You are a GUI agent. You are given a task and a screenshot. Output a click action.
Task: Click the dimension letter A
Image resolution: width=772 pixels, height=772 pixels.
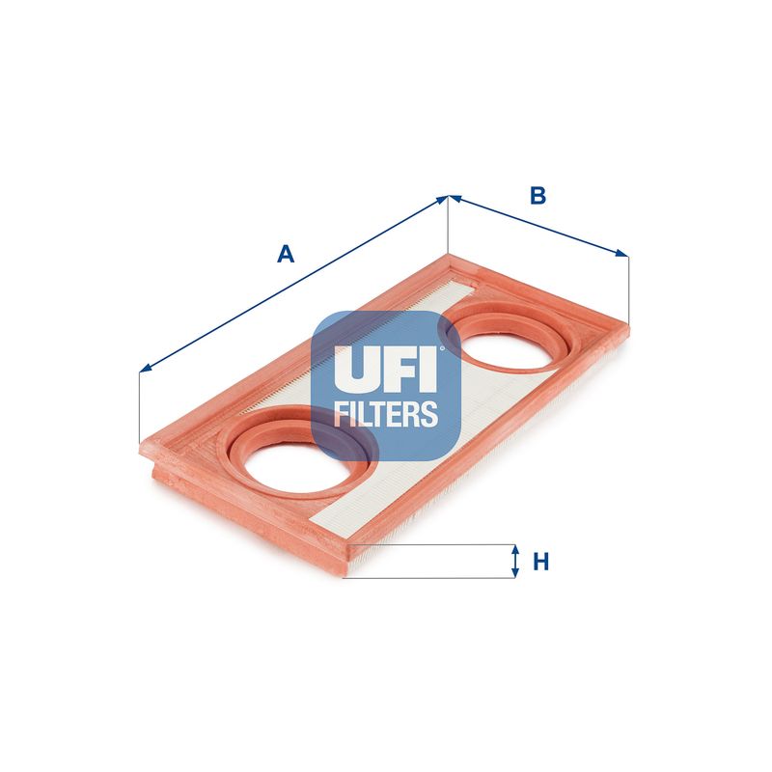pyautogui.click(x=286, y=254)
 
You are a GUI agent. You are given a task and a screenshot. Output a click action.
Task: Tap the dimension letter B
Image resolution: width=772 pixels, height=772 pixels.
pyautogui.click(x=538, y=196)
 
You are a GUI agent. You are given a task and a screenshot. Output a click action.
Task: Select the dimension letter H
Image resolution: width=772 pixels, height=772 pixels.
pyautogui.click(x=541, y=562)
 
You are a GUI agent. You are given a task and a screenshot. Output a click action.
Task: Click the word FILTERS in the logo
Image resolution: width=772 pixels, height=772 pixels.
pyautogui.click(x=385, y=414)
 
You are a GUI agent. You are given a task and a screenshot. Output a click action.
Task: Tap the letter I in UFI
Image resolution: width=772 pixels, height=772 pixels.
pyautogui.click(x=427, y=369)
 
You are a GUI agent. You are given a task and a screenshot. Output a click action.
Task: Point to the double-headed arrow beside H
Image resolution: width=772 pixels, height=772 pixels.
pyautogui.click(x=515, y=561)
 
